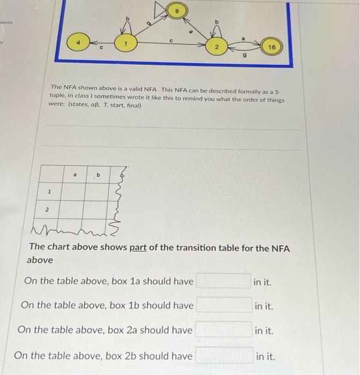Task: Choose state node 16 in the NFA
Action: [x=272, y=48]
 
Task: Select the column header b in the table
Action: [x=97, y=175]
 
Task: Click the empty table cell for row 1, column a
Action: [x=72, y=191]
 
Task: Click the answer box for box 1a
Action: [x=223, y=281]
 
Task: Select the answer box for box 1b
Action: [x=223, y=305]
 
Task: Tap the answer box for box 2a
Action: [x=223, y=330]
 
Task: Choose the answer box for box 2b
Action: [x=223, y=355]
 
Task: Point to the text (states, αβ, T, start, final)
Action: [x=95, y=106]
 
